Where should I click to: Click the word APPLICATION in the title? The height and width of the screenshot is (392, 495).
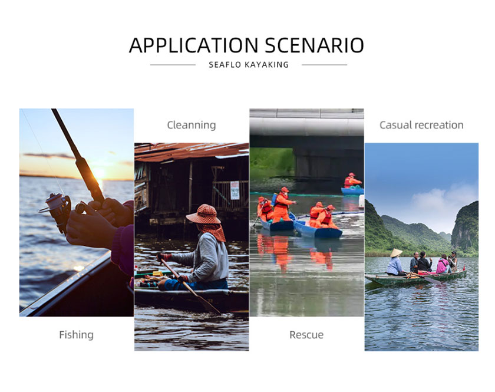pos(193,45)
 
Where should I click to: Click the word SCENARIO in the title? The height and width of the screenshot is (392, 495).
pos(315,45)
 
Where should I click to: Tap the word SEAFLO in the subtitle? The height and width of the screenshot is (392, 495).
pos(225,65)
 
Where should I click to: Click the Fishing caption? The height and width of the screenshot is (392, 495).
pos(77,335)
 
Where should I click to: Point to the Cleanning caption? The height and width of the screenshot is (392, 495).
pos(192,125)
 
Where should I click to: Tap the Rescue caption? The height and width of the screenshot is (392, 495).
pos(306,335)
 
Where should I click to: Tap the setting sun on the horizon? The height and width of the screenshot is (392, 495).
pos(99,173)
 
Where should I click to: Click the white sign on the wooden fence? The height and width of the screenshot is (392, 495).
pos(235,190)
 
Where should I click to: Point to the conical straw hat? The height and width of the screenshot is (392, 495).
pos(396,252)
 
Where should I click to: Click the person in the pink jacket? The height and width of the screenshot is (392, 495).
pos(443,264)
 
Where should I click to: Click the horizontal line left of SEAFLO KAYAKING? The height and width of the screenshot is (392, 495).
pos(173,65)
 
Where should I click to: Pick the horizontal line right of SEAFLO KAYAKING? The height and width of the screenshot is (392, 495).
pos(325,65)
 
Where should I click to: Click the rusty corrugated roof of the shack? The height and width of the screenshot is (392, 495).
pos(192,151)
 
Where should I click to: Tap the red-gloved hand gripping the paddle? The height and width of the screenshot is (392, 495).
pos(164,257)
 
